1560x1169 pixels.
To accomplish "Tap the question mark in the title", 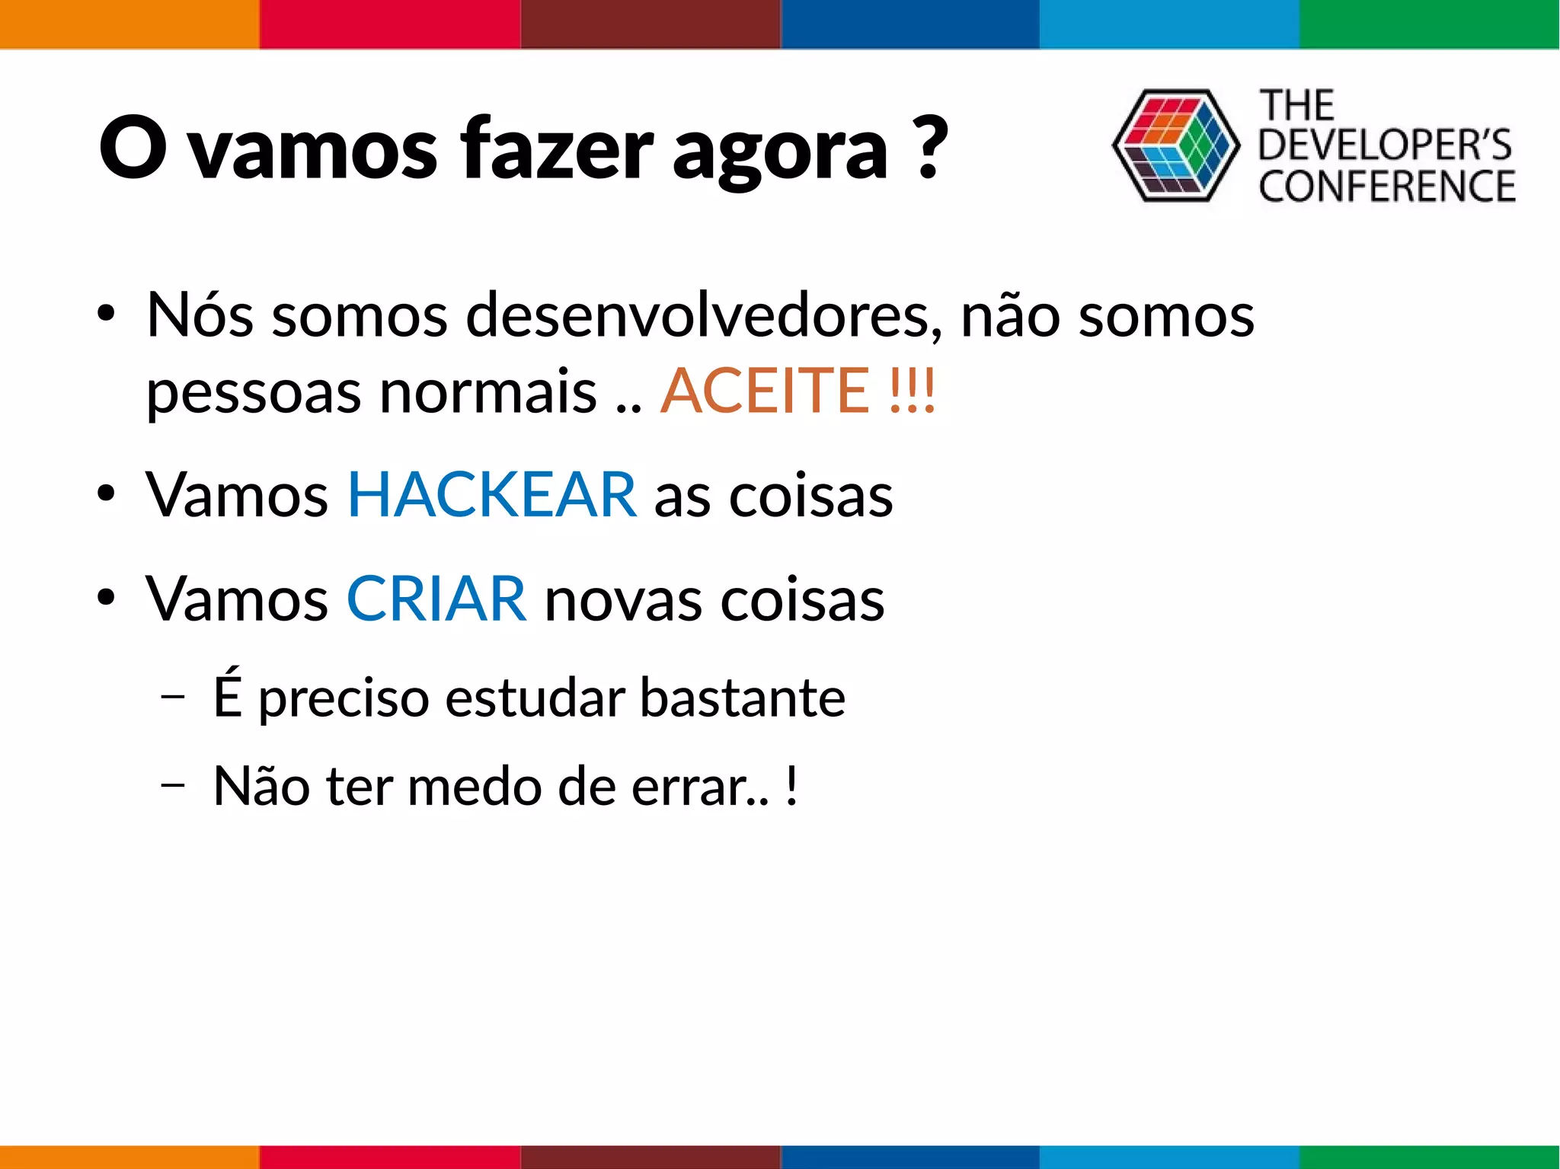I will point(928,149).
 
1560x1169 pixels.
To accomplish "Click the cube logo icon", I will point(1175,145).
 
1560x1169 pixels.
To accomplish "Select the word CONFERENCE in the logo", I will point(1386,187).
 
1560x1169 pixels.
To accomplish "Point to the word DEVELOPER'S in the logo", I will point(1384,145).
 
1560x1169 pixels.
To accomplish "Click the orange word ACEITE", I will point(764,391).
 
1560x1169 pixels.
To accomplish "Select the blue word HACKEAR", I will point(491,495).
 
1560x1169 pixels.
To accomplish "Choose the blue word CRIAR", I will point(436,599).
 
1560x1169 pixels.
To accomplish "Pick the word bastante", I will point(742,698).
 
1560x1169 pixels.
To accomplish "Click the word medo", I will point(474,787).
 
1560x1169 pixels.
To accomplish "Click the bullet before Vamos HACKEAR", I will point(106,493).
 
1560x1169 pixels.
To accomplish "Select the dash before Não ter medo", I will point(173,785).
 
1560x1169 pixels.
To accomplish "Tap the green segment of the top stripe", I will point(1429,24).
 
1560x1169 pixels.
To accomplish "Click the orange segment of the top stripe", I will point(129,24).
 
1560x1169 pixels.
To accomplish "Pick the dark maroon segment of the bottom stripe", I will point(650,1157).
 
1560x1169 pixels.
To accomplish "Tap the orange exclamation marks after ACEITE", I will point(912,391).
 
